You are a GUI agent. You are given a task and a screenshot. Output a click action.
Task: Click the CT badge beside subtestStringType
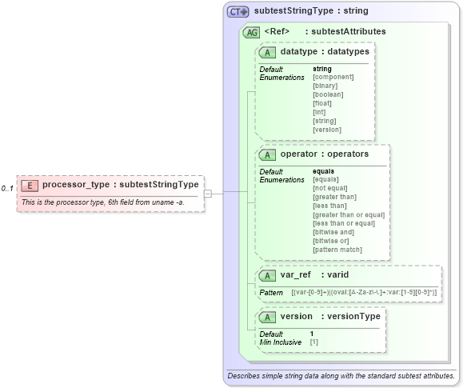(238, 12)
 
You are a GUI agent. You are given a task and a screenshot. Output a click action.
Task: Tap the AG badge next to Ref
(251, 32)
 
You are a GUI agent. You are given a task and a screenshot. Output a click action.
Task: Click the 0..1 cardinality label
(7, 189)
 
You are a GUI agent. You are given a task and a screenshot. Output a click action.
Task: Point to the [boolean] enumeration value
(328, 94)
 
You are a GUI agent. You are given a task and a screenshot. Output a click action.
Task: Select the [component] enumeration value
(333, 77)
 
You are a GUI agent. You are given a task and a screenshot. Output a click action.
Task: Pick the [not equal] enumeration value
(331, 188)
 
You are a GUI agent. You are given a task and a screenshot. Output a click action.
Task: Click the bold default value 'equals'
(323, 171)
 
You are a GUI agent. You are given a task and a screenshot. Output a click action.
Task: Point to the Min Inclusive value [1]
(314, 342)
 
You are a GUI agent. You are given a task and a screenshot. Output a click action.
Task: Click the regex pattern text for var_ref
(364, 293)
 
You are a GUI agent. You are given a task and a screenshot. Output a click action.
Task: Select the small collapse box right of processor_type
(207, 193)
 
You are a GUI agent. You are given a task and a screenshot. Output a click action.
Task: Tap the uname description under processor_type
(102, 202)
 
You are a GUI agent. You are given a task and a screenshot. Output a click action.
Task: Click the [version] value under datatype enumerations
(327, 130)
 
